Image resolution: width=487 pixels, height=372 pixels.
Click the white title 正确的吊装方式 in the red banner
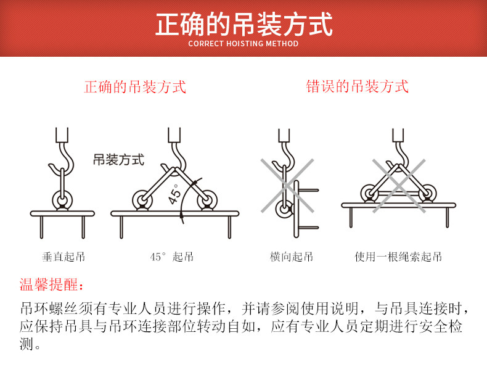coord(243,25)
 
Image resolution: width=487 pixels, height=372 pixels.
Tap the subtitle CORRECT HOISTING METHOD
coord(243,44)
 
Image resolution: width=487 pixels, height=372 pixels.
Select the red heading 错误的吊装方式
coord(358,86)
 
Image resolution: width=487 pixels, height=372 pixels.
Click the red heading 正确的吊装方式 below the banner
coord(135,86)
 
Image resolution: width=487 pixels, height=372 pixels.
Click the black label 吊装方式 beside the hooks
coord(118,160)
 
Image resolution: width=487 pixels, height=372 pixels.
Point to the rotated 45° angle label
coord(176,194)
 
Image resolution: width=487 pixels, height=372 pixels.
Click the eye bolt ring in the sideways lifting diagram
coord(284,209)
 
